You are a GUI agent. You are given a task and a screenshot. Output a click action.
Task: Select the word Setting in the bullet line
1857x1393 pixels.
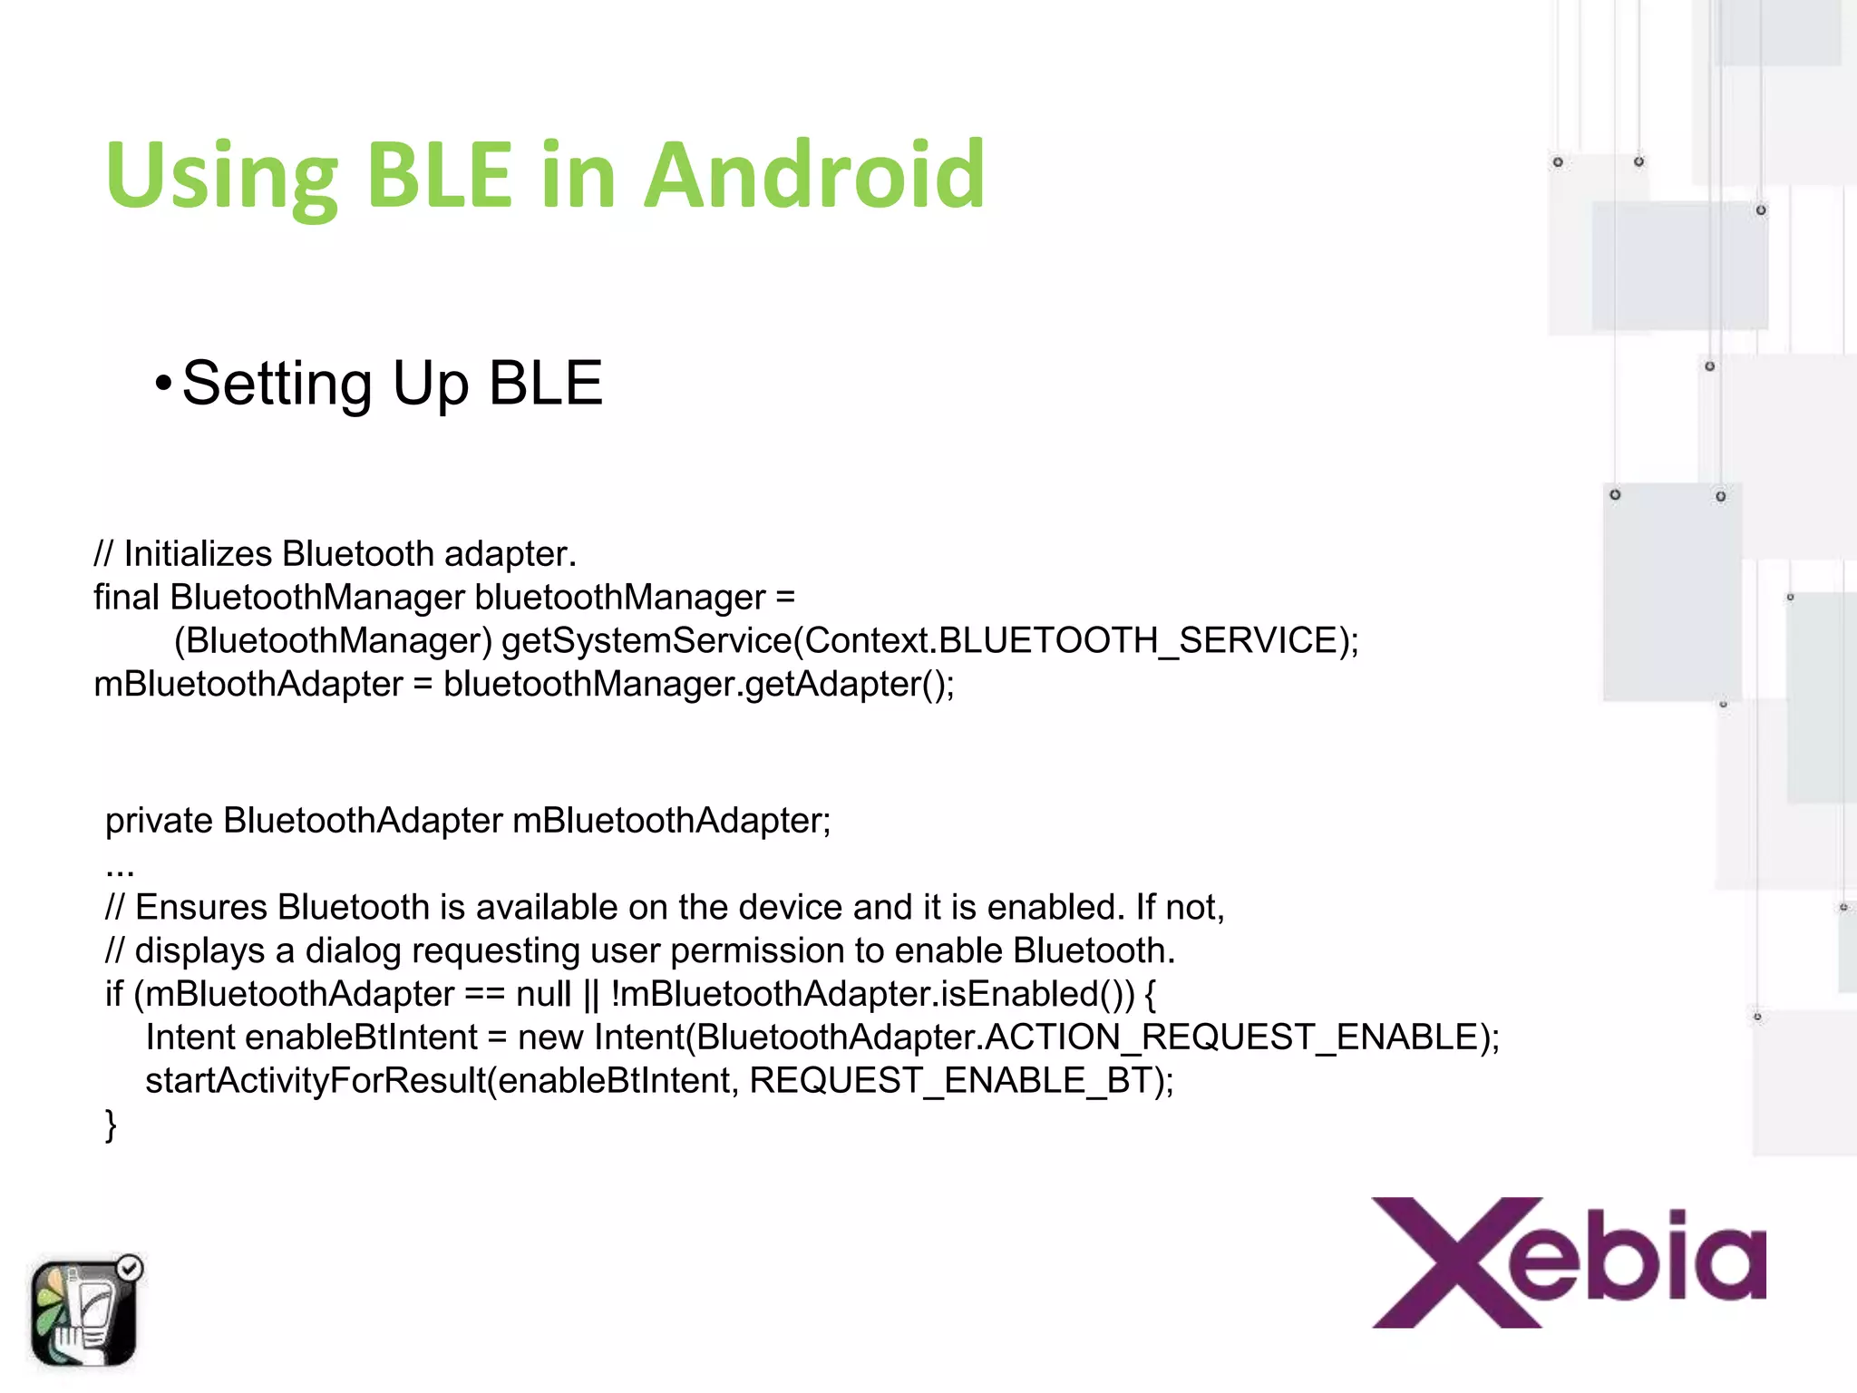(277, 384)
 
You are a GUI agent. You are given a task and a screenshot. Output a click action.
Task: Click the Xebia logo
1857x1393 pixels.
(1569, 1262)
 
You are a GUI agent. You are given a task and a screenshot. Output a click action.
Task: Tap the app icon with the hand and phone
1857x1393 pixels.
(83, 1312)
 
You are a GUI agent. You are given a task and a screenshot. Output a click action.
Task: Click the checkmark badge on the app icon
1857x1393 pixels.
(130, 1268)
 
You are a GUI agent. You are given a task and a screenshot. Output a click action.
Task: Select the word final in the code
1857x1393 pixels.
(126, 597)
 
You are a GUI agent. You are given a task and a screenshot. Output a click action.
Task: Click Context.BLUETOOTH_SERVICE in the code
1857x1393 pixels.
(1071, 640)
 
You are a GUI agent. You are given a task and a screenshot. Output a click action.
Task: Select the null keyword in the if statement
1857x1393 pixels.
(543, 994)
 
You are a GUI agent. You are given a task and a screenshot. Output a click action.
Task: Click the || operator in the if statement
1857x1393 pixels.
(591, 995)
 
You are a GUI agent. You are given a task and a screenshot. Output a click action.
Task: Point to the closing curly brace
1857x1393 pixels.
(111, 1125)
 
